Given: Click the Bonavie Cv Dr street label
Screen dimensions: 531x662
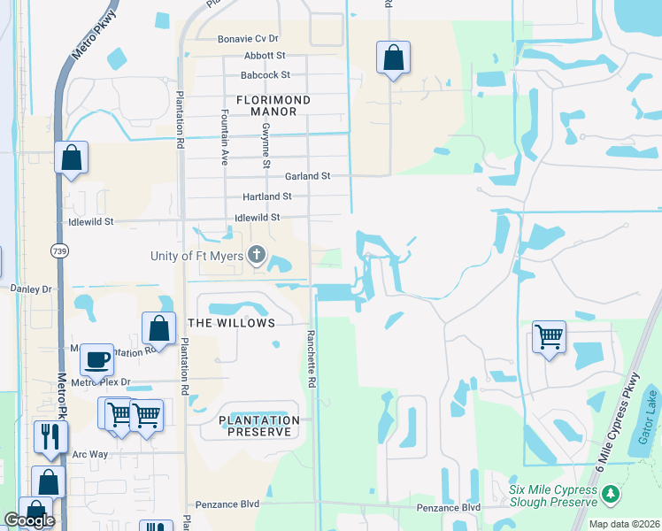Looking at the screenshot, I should click(248, 39).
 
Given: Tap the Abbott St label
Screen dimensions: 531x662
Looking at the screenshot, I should click(252, 56).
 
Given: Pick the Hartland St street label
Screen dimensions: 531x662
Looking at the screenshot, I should click(268, 196).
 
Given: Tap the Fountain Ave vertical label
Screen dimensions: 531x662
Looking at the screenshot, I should click(225, 138).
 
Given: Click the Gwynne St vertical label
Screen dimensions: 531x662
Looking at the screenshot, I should click(266, 144).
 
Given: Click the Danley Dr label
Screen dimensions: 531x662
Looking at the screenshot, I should click(32, 289).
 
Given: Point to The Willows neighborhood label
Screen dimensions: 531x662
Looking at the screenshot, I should click(232, 323).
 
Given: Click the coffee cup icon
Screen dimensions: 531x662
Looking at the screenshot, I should click(96, 360).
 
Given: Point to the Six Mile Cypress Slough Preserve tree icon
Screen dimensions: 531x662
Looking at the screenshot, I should click(609, 491).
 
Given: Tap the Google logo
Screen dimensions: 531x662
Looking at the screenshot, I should click(29, 519).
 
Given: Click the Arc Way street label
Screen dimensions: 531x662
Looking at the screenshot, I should click(89, 454).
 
